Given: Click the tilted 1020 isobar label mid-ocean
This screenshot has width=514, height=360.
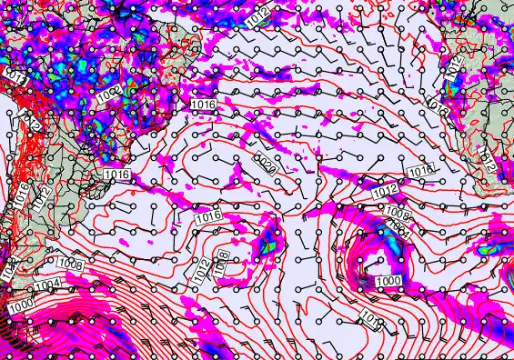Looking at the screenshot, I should click(265, 165).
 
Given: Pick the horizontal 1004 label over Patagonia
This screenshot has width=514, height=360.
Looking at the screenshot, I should click(51, 285).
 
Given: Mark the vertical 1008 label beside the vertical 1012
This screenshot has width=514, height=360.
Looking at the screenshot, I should click(219, 262).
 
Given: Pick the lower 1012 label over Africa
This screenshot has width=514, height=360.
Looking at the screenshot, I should click(489, 162).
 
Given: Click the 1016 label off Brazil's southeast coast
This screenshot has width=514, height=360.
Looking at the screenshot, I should click(205, 105).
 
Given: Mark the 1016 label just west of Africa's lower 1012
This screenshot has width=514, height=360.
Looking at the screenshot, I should click(419, 171).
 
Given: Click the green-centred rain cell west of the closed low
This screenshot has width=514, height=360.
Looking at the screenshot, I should click(268, 243).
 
